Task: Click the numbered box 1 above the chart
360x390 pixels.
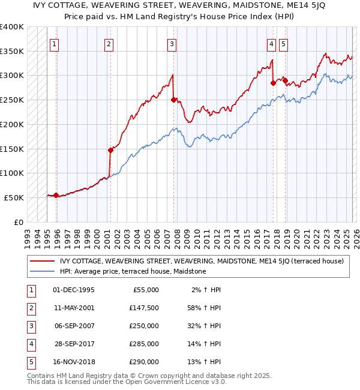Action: (x=55, y=43)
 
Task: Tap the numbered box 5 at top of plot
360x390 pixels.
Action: (x=283, y=43)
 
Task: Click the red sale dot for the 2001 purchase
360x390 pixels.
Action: (x=110, y=150)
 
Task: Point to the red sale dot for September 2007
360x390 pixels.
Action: (x=173, y=100)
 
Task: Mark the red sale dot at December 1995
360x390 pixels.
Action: (x=56, y=195)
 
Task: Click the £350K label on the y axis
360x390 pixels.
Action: (x=11, y=52)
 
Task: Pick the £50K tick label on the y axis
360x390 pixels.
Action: (x=13, y=197)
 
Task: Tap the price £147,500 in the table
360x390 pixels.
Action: (x=145, y=308)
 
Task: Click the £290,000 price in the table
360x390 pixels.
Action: (x=145, y=362)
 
